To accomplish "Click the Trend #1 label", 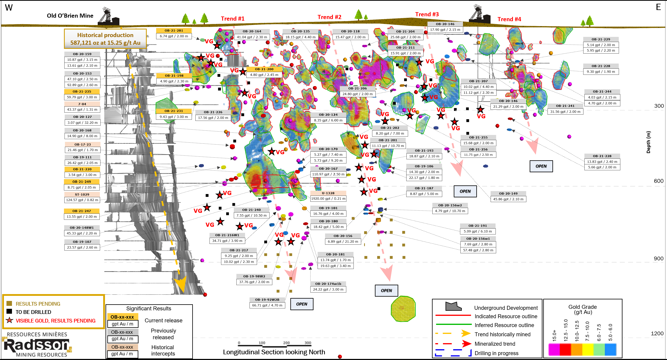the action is click(232, 19).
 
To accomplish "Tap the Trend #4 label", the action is click(509, 19).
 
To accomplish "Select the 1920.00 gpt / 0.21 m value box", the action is click(328, 199).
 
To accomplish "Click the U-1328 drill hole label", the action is click(328, 193).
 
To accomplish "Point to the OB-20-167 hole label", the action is click(328, 169).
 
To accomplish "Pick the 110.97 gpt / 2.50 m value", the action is click(328, 174).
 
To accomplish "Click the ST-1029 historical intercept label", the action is click(82, 194).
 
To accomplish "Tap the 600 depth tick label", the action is click(658, 181).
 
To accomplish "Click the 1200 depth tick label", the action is click(657, 334).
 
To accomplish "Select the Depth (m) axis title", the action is click(648, 142).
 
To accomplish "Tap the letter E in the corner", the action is click(658, 7).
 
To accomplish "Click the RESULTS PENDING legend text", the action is click(38, 304).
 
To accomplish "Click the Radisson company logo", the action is click(37, 345).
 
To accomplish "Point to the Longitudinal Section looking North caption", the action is click(274, 352).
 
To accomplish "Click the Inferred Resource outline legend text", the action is click(504, 325).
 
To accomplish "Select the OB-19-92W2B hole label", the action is click(267, 300).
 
